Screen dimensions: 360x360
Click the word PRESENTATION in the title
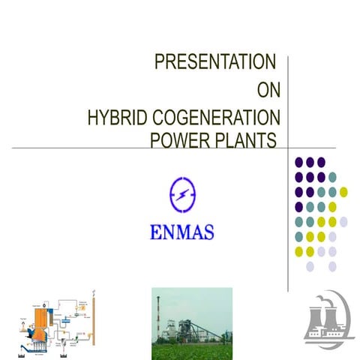tap(214, 62)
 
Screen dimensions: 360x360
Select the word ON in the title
tap(268, 91)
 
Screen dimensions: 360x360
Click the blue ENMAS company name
tap(182, 229)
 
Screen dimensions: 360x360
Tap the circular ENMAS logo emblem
tap(183, 194)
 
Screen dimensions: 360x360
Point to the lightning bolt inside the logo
tap(183, 194)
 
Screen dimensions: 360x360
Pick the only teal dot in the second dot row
tap(332, 177)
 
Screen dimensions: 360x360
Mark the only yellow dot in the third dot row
tap(343, 192)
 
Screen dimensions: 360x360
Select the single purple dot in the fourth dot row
tap(298, 206)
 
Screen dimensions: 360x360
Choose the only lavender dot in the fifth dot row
tap(343, 221)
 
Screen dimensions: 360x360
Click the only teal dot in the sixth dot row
tap(298, 236)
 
